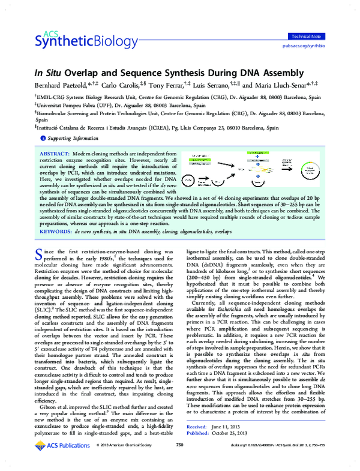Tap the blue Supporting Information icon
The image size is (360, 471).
(x=43, y=139)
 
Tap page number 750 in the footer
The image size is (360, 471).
(x=179, y=461)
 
